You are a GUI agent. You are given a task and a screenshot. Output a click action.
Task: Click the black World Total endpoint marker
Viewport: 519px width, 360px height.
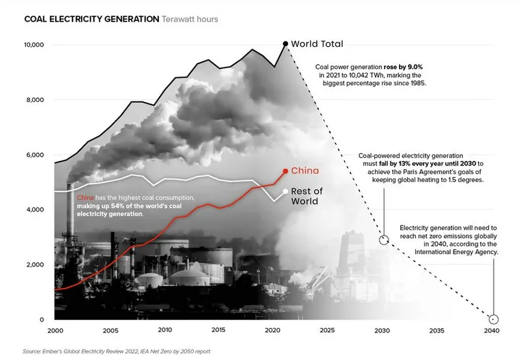pyautogui.click(x=285, y=44)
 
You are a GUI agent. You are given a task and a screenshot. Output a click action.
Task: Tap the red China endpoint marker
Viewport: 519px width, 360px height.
pyautogui.click(x=285, y=171)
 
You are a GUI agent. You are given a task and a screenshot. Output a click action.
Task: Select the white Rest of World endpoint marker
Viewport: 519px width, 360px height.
pyautogui.click(x=285, y=191)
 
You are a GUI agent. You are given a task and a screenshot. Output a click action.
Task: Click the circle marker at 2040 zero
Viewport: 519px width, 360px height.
pyautogui.click(x=493, y=319)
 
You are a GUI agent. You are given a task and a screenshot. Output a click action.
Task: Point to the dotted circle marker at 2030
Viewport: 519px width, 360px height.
pyautogui.click(x=383, y=239)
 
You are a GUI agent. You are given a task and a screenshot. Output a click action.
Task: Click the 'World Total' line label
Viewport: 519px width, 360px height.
pyautogui.click(x=316, y=44)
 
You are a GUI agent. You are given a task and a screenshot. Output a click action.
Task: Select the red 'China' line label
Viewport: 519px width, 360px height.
pyautogui.click(x=304, y=171)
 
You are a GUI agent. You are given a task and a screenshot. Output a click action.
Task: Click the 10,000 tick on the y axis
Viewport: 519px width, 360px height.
pyautogui.click(x=34, y=45)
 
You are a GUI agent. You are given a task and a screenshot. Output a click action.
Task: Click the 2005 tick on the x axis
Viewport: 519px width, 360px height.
pyautogui.click(x=110, y=330)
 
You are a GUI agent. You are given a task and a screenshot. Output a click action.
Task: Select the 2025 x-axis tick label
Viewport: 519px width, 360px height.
pyautogui.click(x=328, y=330)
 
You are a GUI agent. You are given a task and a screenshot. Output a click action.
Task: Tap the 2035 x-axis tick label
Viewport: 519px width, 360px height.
pyautogui.click(x=437, y=330)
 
